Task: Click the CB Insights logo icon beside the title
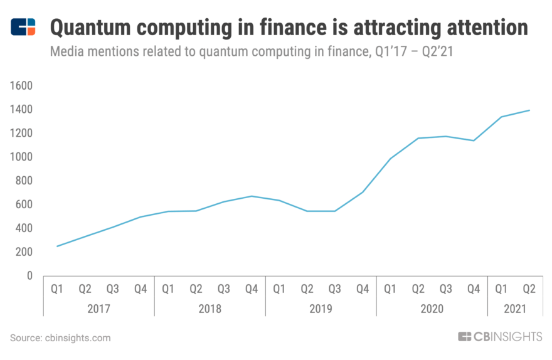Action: point(23,27)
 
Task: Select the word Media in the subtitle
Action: point(66,52)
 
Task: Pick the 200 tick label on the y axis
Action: point(24,252)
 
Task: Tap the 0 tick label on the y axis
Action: point(29,276)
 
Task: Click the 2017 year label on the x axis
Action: point(98,309)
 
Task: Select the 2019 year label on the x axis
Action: point(321,309)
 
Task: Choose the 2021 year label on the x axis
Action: point(516,309)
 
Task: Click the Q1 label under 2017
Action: point(57,289)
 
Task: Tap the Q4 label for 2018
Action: point(252,289)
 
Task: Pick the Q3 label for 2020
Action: point(446,289)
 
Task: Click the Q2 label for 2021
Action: point(529,289)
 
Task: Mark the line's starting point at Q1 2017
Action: point(57,246)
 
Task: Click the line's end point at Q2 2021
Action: point(529,110)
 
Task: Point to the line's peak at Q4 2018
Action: point(252,196)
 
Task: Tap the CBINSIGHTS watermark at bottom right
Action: point(500,337)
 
